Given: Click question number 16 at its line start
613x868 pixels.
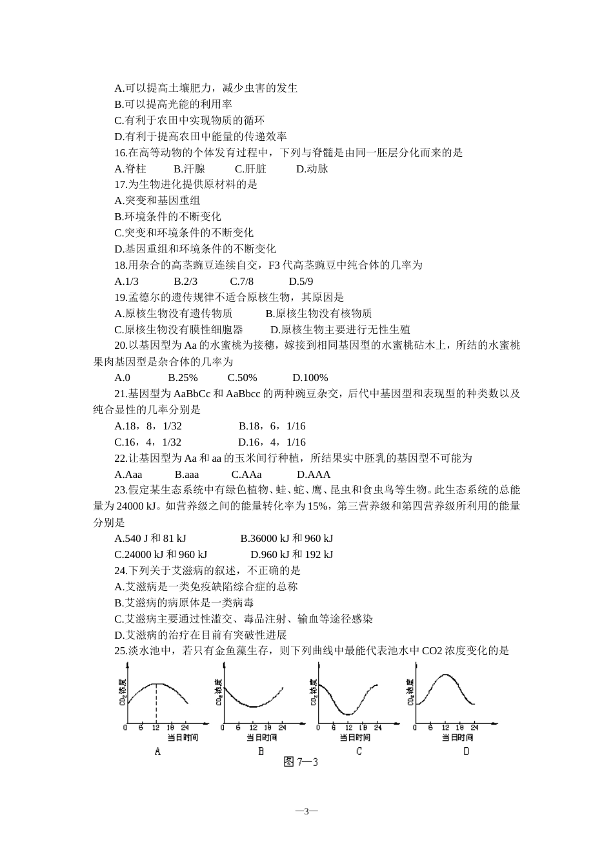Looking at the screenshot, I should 120,152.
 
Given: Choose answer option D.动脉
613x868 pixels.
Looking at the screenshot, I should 312,169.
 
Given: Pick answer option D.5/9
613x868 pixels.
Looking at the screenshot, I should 301,281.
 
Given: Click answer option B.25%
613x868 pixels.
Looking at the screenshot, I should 183,377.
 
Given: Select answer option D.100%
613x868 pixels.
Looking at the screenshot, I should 310,377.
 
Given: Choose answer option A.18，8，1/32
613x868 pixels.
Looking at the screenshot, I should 148,426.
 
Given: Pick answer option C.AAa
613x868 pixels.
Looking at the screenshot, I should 246,474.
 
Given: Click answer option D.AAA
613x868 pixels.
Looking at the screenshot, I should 314,474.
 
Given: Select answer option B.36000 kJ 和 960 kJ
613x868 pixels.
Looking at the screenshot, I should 286,538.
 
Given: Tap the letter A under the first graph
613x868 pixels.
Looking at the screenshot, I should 157,751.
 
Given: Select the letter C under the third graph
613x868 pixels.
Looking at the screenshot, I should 359,751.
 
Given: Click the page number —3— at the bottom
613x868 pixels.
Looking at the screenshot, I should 306,811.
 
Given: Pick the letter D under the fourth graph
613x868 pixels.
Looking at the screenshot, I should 466,751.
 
